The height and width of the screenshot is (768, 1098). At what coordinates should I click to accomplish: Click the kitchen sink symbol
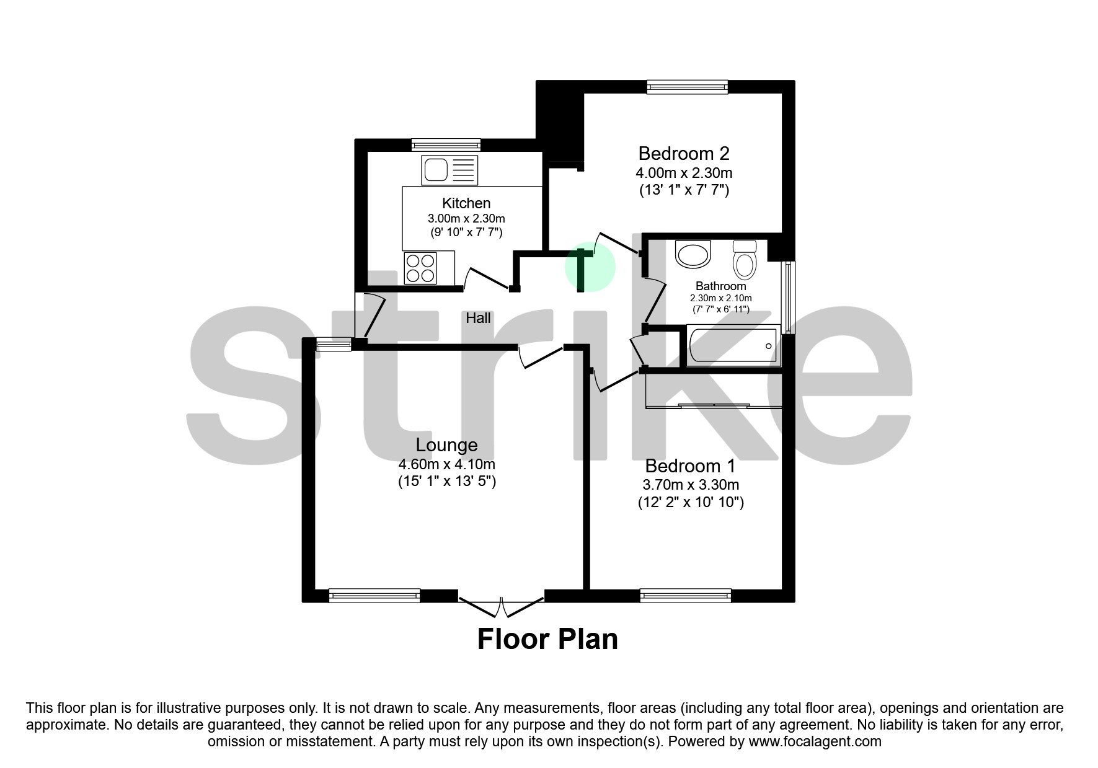point(449,170)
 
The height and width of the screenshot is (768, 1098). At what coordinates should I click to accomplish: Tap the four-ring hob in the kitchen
point(420,268)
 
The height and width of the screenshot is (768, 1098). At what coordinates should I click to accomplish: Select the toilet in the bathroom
point(745,259)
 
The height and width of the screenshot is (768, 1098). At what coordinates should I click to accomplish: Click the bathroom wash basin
point(693,254)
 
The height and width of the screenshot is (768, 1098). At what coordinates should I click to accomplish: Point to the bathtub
point(732,346)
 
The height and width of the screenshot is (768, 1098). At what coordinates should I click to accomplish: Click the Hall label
point(478,318)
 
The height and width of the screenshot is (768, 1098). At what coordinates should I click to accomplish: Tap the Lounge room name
point(446,444)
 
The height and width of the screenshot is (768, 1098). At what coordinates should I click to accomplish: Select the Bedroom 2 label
point(684,153)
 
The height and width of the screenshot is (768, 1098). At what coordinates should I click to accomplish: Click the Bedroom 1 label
point(690,466)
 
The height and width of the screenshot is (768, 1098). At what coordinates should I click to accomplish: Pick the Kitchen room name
point(466,203)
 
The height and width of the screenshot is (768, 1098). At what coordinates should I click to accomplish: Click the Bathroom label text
point(720,286)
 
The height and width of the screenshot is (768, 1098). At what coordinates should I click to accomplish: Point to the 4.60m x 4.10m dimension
point(446,464)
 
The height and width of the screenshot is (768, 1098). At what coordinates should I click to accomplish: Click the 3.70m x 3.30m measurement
point(691,485)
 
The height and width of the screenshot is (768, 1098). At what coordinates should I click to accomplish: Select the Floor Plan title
point(547,639)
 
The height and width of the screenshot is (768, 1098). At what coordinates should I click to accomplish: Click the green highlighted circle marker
point(590,268)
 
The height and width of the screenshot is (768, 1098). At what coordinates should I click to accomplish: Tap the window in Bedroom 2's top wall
point(687,87)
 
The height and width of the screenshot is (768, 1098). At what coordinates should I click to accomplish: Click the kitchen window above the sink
point(446,145)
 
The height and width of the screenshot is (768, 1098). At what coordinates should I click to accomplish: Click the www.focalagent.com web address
point(815,741)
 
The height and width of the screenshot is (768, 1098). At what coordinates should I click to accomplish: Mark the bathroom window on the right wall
point(789,298)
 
